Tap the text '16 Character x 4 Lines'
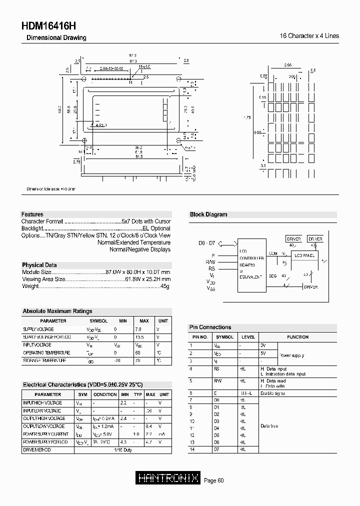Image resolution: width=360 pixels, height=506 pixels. (x=309, y=36)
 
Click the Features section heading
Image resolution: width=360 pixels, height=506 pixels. (x=32, y=214)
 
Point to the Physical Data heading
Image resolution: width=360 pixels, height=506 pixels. (x=39, y=265)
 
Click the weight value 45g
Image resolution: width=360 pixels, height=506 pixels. (x=165, y=286)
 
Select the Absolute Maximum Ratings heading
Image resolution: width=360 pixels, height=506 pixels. (x=57, y=311)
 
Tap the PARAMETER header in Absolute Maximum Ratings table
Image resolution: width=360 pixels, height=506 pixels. (x=53, y=321)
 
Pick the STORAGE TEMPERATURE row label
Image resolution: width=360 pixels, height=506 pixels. (x=44, y=360)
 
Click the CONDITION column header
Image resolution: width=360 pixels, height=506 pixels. (x=105, y=394)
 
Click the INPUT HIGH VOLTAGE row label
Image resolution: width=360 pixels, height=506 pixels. (x=42, y=402)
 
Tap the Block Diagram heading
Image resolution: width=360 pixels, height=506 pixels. (x=208, y=214)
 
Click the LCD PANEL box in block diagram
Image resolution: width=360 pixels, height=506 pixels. (x=304, y=255)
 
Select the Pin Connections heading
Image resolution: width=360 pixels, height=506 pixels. (x=210, y=327)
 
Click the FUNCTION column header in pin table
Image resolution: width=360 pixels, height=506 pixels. (x=298, y=337)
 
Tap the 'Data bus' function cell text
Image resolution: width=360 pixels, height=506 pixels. (x=269, y=426)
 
